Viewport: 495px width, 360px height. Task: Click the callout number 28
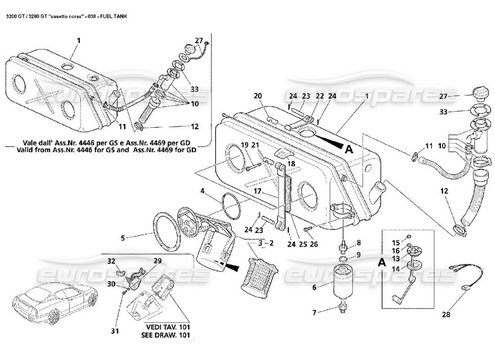445,315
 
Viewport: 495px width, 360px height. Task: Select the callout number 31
115,332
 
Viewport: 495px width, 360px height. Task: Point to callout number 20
257,95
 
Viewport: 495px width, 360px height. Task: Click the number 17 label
257,191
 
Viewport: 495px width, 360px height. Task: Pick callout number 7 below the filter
315,311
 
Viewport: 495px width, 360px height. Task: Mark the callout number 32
111,261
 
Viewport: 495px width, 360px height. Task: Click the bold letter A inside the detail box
381,263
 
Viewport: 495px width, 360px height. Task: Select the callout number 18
292,164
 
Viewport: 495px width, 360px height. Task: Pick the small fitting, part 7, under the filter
343,306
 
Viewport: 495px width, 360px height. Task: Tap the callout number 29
157,261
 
